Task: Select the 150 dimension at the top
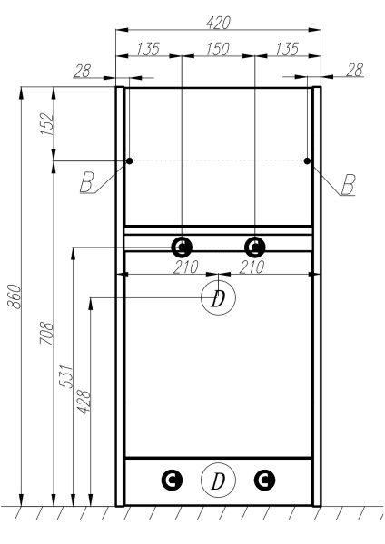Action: [x=217, y=48]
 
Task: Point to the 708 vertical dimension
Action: [x=48, y=335]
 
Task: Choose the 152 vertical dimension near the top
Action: [x=48, y=123]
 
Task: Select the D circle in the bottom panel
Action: [x=217, y=480]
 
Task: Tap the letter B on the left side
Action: [x=87, y=184]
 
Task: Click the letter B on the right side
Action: [x=348, y=184]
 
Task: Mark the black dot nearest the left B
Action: [x=130, y=161]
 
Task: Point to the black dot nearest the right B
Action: [x=307, y=161]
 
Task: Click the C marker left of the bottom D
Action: [x=170, y=480]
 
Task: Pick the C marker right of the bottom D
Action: [x=264, y=480]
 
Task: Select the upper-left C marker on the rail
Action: [x=182, y=246]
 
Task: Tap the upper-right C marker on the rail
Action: [x=254, y=246]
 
